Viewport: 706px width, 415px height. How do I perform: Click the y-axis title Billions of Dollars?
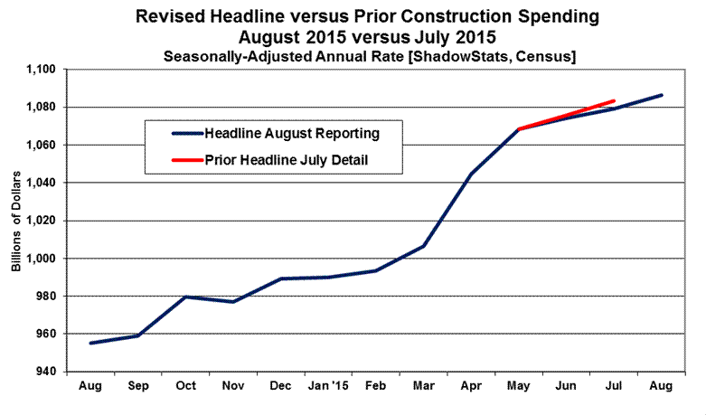pos(15,221)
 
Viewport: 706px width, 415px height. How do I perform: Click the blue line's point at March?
pos(424,245)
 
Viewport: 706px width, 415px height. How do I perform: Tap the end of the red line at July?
pos(615,100)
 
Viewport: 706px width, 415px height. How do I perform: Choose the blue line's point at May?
pos(519,129)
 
